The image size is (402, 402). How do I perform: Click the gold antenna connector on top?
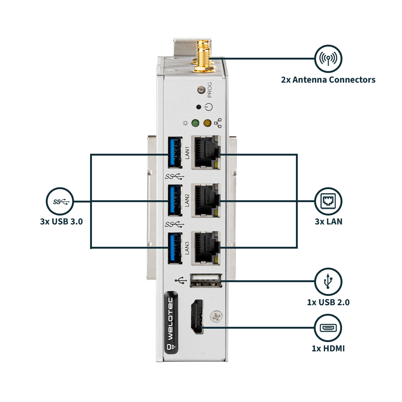(x=202, y=56)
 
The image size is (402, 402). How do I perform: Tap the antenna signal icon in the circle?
(x=328, y=58)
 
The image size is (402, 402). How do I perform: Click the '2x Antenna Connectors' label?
(x=328, y=80)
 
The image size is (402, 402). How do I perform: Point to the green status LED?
(x=195, y=123)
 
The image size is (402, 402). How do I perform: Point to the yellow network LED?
(x=207, y=123)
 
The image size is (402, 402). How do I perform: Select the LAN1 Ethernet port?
(x=205, y=153)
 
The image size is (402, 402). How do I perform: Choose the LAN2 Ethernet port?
(x=205, y=200)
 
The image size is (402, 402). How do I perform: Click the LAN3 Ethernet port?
(x=205, y=248)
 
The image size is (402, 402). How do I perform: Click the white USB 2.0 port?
(x=206, y=281)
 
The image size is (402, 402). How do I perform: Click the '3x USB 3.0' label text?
(x=61, y=222)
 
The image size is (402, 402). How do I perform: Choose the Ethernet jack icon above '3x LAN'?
(x=328, y=201)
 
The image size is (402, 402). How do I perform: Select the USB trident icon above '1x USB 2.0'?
(x=328, y=281)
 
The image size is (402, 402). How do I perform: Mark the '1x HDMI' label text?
(x=328, y=348)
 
